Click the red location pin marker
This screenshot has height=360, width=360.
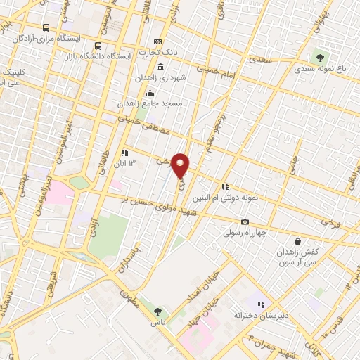pyautogui.click(x=181, y=165)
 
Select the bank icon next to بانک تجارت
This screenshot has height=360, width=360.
pyautogui.click(x=157, y=42)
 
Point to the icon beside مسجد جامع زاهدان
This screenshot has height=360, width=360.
pyautogui.click(x=148, y=94)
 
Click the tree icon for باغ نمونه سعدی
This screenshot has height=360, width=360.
pyautogui.click(x=321, y=56)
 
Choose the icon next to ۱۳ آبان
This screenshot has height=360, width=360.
pyautogui.click(x=124, y=152)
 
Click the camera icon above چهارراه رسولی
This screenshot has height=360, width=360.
pyautogui.click(x=245, y=222)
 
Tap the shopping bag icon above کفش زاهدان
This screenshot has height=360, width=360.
pyautogui.click(x=298, y=241)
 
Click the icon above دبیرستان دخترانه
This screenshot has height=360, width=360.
pyautogui.click(x=260, y=305)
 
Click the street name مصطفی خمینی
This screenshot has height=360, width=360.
pyautogui.click(x=136, y=127)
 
